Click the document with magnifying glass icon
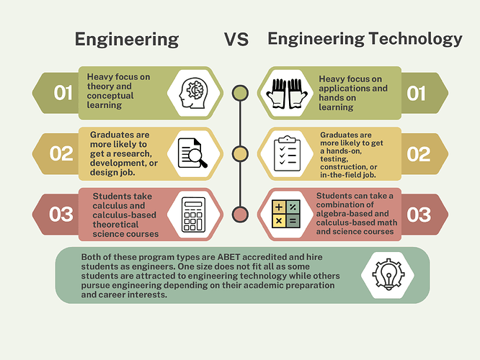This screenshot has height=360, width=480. pos(192,153)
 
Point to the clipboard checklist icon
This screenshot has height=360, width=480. pos(287,153)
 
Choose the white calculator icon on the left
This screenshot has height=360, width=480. pos(193,214)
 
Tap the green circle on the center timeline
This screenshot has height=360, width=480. pos(239,92)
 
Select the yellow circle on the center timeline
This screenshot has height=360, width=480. pos(239,153)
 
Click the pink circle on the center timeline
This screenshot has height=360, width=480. pos(239,215)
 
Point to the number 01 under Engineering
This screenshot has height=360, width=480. pos(63,93)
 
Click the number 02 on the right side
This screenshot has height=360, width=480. pos(418,154)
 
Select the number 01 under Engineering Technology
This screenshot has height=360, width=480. pos(417,93)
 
